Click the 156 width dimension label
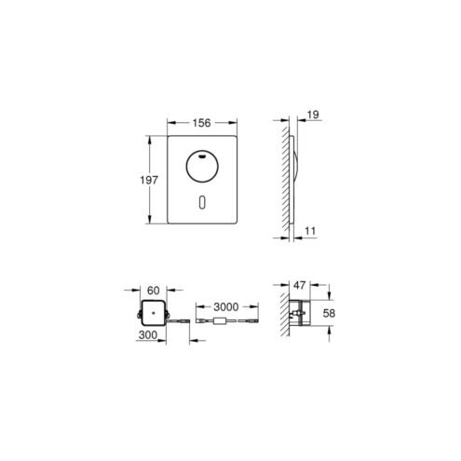(x=201, y=123)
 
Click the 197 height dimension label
(x=149, y=180)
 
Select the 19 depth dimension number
(x=313, y=115)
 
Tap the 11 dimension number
(x=310, y=231)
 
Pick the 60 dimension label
(x=153, y=291)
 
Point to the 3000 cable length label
(x=226, y=307)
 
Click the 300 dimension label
(x=148, y=335)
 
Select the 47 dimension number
(x=299, y=285)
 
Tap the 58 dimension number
(x=329, y=313)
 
